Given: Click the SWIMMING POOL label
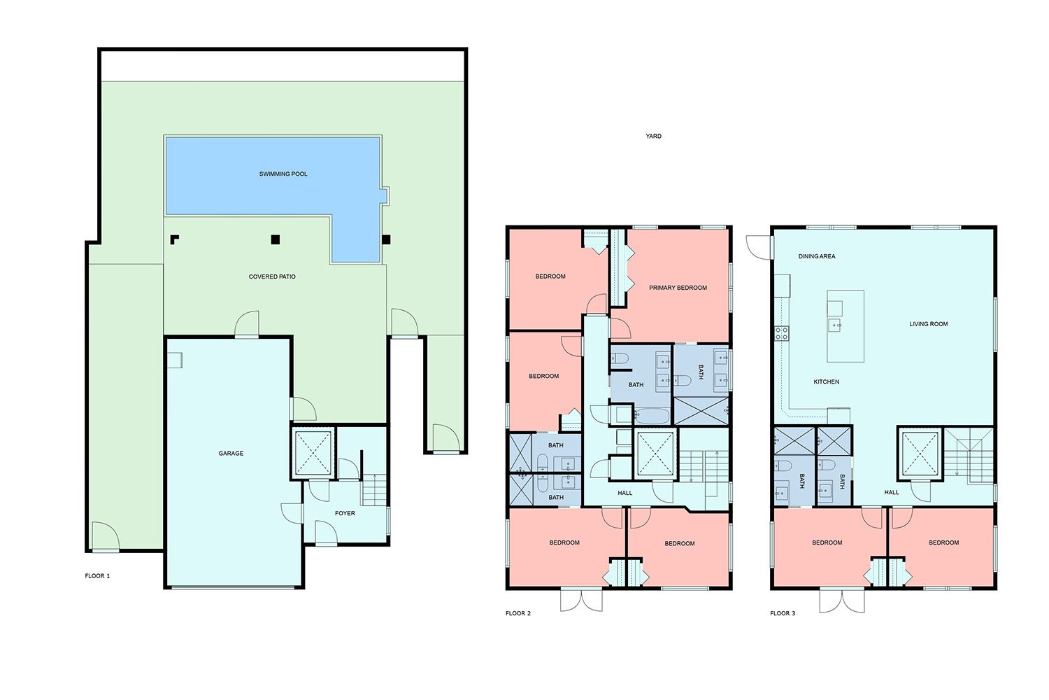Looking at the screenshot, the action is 283,174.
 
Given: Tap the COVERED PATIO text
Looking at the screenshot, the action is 272,276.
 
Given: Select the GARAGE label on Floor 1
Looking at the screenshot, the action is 231,454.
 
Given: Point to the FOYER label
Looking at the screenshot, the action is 345,513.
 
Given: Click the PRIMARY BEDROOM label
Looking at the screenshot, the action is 678,288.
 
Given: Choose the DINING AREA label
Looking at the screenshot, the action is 817,256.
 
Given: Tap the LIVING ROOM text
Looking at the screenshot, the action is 929,324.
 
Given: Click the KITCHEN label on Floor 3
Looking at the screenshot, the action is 827,382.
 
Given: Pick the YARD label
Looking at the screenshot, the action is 654,136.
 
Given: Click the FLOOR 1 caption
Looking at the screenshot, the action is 97,576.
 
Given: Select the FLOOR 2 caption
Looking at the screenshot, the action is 518,613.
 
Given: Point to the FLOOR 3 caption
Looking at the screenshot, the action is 783,613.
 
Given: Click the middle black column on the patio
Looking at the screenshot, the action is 276,239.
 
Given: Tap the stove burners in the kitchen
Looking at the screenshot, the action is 782,333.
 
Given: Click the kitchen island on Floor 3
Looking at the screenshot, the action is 845,326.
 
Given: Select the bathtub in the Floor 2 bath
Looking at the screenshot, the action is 652,416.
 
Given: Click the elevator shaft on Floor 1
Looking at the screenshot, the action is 313,453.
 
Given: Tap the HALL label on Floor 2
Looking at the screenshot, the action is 625,493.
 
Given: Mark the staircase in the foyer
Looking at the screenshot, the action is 375,490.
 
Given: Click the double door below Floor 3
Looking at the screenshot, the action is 842,600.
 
